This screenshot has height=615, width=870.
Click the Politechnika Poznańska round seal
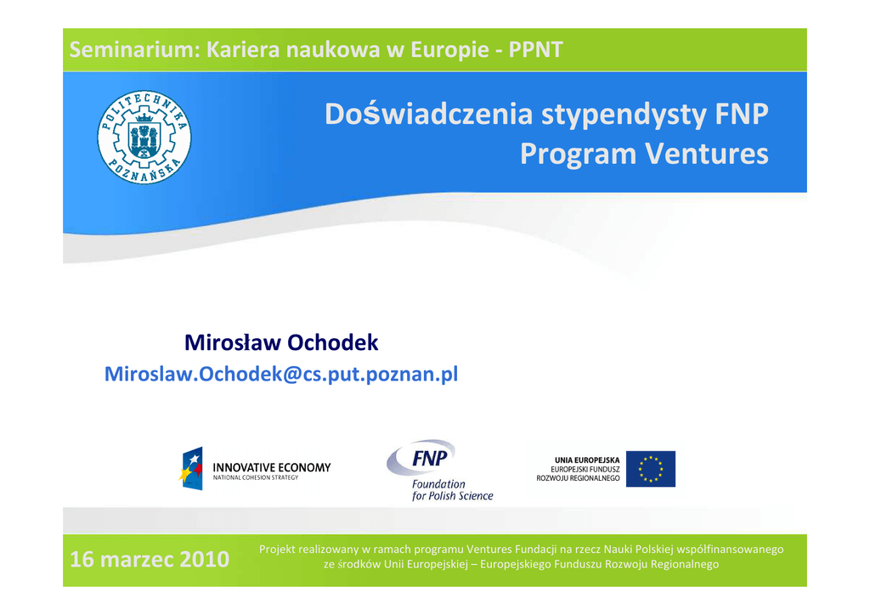(144, 138)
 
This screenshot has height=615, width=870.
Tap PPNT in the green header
(535, 50)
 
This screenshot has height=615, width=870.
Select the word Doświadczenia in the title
(429, 114)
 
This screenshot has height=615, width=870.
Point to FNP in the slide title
(741, 114)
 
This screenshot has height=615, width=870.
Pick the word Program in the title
(578, 155)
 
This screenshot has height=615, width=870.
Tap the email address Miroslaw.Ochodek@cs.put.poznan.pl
(281, 375)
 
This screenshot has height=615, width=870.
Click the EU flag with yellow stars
(650, 469)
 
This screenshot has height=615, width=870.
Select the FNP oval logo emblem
(421, 458)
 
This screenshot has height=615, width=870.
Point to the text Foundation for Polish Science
(452, 490)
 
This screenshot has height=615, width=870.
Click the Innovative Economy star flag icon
(191, 469)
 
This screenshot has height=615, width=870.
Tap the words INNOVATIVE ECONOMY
(272, 467)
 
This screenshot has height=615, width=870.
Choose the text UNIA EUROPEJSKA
(587, 460)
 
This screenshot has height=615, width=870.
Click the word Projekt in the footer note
(277, 550)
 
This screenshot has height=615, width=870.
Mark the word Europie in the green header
(449, 50)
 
